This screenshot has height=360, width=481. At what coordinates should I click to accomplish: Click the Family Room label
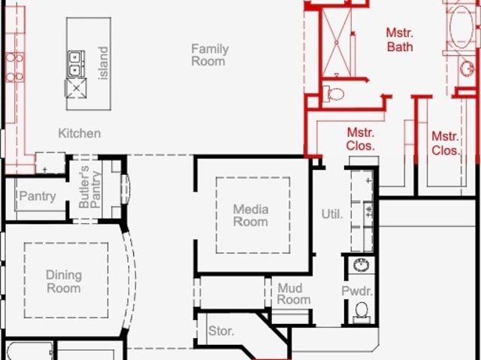210,55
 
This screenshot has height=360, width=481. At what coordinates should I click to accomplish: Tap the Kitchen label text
80,133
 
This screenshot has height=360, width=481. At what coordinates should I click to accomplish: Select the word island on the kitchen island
104,63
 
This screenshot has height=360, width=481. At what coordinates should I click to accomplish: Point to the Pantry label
38,196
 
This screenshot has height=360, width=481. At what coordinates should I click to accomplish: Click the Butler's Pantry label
89,187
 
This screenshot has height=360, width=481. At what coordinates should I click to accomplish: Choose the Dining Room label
64,282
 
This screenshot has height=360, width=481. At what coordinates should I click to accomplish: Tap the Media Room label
250,216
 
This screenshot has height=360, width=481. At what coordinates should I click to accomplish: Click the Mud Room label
294,294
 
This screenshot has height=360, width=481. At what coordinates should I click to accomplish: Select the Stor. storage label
221,331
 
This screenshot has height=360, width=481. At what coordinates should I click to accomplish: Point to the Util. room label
332,214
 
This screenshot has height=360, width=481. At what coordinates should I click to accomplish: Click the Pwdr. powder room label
357,291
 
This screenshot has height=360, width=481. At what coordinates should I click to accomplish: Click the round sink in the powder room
362,265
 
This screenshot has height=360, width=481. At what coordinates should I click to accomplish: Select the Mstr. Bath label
400,40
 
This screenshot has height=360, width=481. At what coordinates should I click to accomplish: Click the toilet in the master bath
334,93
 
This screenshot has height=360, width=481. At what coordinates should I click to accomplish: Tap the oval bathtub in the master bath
461,27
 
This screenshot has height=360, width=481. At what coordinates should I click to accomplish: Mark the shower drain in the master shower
337,43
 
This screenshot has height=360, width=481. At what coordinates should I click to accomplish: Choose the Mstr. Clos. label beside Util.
361,139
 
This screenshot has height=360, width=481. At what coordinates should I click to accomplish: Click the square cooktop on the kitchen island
76,89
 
